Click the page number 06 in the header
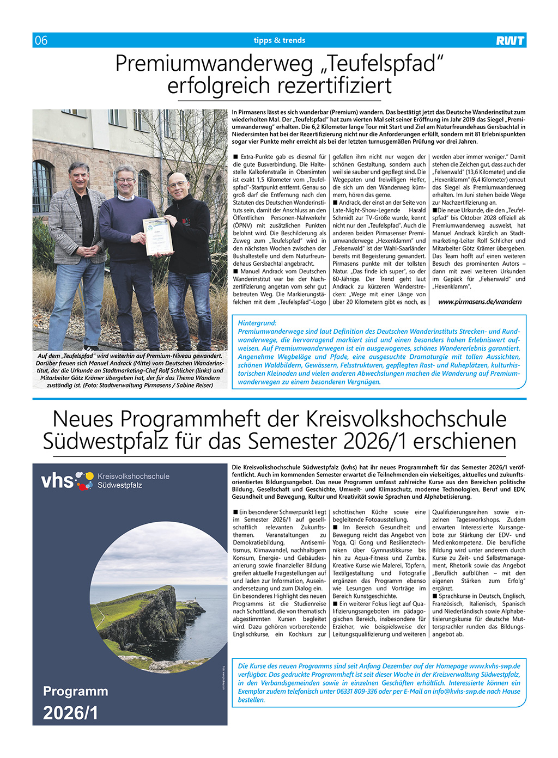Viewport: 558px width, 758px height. click(41, 40)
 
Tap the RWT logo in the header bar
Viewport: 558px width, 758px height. click(510, 40)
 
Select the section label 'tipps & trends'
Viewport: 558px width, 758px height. click(279, 40)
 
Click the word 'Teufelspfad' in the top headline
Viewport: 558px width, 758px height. click(382, 64)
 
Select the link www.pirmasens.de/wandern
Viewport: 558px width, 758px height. click(480, 302)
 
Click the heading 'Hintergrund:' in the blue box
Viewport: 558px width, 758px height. click(257, 323)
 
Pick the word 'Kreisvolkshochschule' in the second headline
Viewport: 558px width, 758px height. click(406, 419)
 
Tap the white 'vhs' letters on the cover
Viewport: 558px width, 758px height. click(57, 481)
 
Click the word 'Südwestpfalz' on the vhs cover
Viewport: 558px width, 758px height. click(120, 485)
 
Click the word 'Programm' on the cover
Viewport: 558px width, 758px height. click(76, 692)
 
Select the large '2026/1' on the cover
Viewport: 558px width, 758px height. click(71, 713)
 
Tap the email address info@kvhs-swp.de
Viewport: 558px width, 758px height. click(460, 692)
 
